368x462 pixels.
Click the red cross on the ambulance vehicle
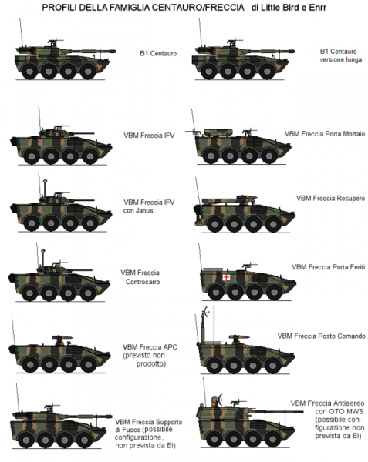tap(226, 277)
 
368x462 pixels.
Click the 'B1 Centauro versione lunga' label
tap(341, 55)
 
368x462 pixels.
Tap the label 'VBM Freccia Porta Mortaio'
tap(325, 134)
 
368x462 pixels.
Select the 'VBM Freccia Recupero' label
tap(330, 199)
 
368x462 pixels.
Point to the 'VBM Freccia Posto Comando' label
tap(322, 336)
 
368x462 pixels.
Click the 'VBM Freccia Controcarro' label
tap(140, 277)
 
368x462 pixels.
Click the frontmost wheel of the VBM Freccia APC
tap(89, 364)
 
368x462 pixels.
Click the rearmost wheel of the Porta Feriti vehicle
tap(216, 292)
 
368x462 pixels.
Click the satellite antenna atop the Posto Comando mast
tap(206, 312)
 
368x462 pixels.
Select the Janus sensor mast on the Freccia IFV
tap(45, 189)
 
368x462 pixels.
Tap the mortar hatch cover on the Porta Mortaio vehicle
tap(218, 132)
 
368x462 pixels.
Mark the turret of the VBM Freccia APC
tap(62, 340)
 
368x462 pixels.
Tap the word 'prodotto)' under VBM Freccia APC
tap(150, 364)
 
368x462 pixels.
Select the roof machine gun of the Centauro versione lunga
tap(235, 41)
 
